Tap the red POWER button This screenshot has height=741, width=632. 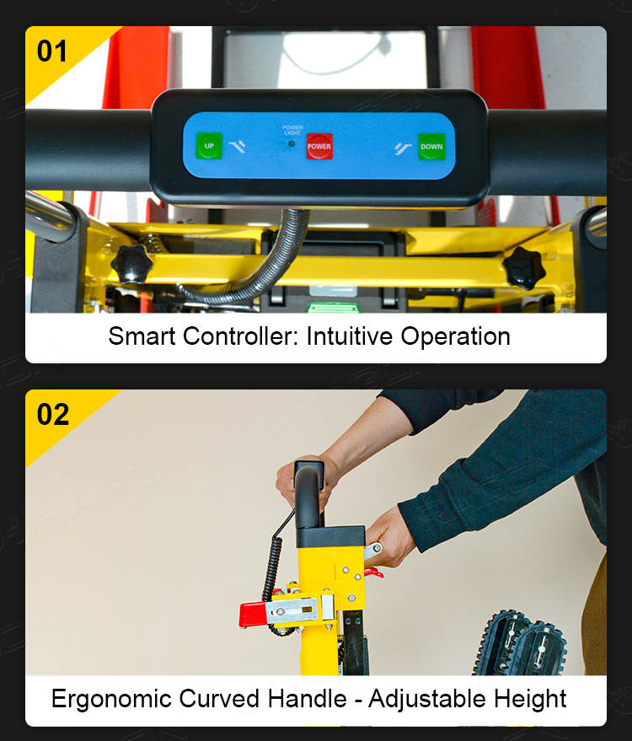tap(319, 146)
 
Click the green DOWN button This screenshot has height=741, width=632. tap(431, 147)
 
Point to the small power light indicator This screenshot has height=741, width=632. tap(292, 143)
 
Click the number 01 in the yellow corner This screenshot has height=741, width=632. tap(52, 51)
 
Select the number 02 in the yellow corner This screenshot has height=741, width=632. tap(53, 415)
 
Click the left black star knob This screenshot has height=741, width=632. tap(131, 264)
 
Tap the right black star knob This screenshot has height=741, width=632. tap(524, 268)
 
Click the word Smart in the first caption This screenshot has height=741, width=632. tap(142, 336)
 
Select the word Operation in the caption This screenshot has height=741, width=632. tap(456, 337)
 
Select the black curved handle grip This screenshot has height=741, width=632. tap(308, 495)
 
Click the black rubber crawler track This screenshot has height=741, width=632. tap(520, 642)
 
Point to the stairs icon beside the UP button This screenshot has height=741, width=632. tap(237, 147)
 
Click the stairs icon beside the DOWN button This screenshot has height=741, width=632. tap(403, 148)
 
